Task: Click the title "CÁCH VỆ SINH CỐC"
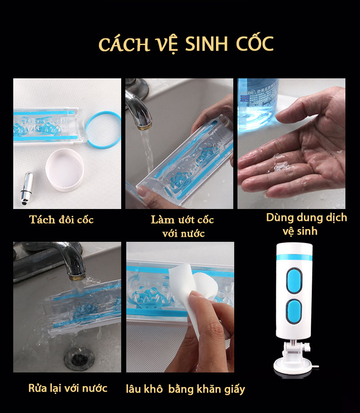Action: (185, 44)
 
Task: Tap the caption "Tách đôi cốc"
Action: (62, 219)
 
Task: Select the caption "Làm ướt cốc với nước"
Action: (183, 226)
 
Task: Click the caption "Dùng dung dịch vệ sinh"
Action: (306, 224)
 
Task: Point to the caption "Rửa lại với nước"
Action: (68, 388)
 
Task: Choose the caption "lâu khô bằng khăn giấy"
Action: (185, 389)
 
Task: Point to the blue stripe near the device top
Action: (293, 258)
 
